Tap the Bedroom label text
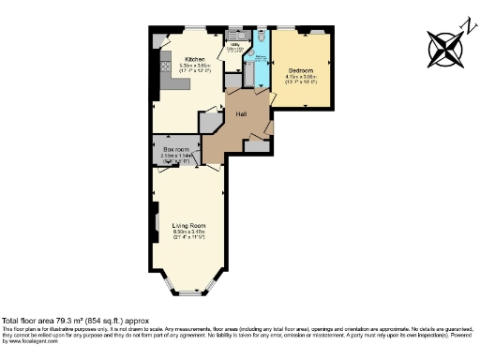(300, 70)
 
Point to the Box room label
(177, 149)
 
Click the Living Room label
(188, 224)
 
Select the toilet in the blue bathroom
(261, 45)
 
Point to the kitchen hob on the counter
(165, 67)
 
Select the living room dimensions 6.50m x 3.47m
(188, 232)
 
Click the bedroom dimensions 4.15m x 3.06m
(300, 78)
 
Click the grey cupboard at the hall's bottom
(254, 143)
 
